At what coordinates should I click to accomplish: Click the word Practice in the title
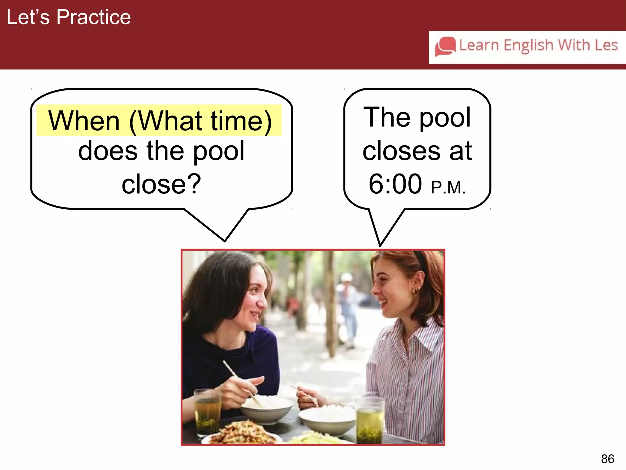coord(94,17)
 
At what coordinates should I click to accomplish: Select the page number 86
coord(607,459)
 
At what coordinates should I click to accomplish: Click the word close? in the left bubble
coord(161,184)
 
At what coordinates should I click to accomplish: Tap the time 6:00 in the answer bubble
coord(395,184)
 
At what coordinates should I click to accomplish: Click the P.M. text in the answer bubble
coord(448,188)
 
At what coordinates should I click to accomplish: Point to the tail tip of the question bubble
coord(225,241)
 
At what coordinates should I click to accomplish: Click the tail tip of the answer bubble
coord(380,245)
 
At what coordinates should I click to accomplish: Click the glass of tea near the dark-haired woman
coord(208,412)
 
